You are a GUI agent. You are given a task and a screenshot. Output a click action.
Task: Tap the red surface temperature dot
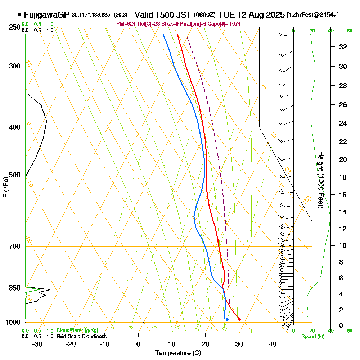pyautogui.click(x=239, y=319)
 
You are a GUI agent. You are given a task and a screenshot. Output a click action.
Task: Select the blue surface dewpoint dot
pyautogui.click(x=227, y=319)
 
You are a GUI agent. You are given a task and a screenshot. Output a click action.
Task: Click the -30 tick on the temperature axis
pyautogui.click(x=37, y=344)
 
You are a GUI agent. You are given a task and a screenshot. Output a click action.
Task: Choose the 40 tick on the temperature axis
pyautogui.click(x=273, y=344)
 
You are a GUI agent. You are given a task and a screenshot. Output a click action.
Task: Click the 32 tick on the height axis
pyautogui.click(x=343, y=47)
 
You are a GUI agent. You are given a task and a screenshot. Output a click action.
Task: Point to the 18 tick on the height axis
pyautogui.click(x=343, y=177)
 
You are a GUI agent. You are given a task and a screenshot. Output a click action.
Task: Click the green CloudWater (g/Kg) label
pyautogui.click(x=77, y=330)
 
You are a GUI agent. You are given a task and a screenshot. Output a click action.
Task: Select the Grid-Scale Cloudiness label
pyautogui.click(x=81, y=336)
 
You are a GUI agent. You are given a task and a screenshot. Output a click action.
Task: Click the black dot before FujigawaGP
pyautogui.click(x=19, y=15)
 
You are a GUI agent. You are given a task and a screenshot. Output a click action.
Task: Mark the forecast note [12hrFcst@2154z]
pyautogui.click(x=312, y=15)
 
